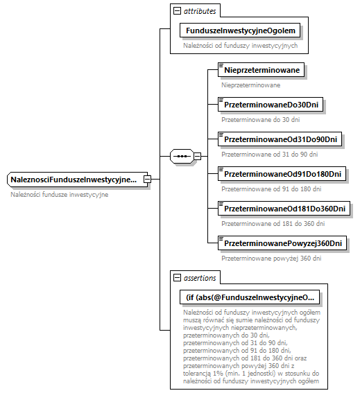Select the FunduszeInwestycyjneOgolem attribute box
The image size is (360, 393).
click(x=240, y=30)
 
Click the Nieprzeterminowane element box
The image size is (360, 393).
click(x=262, y=70)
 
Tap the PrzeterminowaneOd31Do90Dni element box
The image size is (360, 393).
click(x=280, y=139)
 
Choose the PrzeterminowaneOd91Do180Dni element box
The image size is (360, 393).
click(x=282, y=174)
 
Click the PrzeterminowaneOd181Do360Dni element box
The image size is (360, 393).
click(x=284, y=209)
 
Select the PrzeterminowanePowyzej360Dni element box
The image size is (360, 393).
click(x=282, y=243)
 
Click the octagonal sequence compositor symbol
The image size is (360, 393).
click(x=182, y=156)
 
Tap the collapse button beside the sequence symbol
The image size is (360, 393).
click(x=198, y=156)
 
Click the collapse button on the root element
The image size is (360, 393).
click(x=147, y=180)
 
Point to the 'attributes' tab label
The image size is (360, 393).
click(x=200, y=11)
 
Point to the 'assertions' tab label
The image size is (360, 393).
click(x=200, y=278)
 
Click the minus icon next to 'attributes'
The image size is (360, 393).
click(x=178, y=11)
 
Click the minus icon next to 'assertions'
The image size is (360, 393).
click(x=178, y=278)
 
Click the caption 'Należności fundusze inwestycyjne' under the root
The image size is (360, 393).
click(x=60, y=195)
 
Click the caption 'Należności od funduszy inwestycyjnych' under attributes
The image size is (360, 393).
click(x=241, y=46)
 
